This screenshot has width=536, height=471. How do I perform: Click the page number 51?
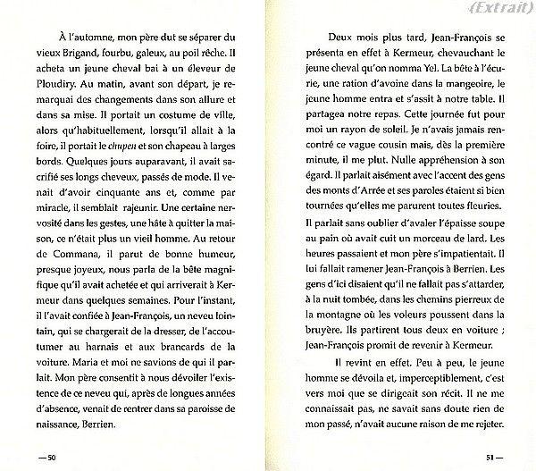[486, 458]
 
